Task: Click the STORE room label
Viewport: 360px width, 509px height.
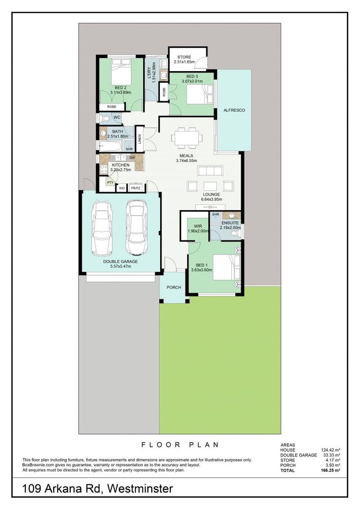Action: coord(184,57)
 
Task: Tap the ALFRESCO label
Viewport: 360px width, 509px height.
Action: coord(234,110)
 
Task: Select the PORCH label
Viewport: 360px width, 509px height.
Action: coord(174,287)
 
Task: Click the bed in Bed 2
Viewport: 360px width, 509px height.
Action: coord(122,72)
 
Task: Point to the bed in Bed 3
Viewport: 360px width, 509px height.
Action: coord(200,94)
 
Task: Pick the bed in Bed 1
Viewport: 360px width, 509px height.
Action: coord(227,267)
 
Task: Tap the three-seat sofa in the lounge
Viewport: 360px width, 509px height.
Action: coord(210,171)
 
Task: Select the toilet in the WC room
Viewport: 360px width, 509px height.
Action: coord(105,118)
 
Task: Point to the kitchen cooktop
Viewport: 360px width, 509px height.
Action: coord(104,169)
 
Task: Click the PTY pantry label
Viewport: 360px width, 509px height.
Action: coord(110,182)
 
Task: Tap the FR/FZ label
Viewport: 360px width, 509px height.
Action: coord(136,188)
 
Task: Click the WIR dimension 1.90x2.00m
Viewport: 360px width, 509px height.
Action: coord(198,231)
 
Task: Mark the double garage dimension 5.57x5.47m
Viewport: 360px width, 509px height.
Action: coord(121,266)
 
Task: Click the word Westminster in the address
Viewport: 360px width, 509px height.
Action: coord(140,488)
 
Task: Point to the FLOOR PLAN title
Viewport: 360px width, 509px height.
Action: coord(180,445)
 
